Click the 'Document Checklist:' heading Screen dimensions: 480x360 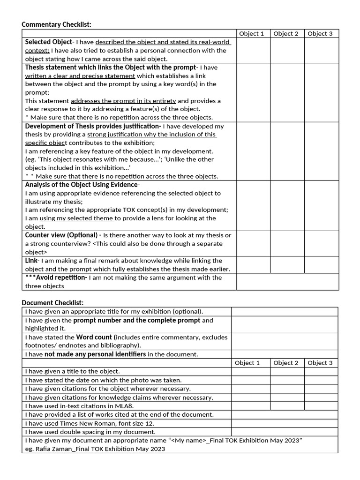click(52, 303)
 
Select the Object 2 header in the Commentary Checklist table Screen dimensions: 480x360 click(286, 33)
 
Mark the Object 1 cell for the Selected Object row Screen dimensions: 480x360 click(253, 50)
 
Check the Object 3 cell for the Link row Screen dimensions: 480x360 click(321, 264)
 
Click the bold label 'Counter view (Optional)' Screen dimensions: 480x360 click(62, 235)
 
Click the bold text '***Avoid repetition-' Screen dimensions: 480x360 click(56, 277)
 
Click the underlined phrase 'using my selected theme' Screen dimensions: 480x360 click(77, 218)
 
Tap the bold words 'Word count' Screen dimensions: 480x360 click(94, 337)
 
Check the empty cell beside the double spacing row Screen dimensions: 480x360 click(285, 432)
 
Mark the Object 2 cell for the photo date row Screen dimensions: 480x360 click(286, 380)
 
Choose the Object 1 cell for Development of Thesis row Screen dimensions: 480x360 click(253, 151)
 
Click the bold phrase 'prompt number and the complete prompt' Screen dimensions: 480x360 click(136, 320)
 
